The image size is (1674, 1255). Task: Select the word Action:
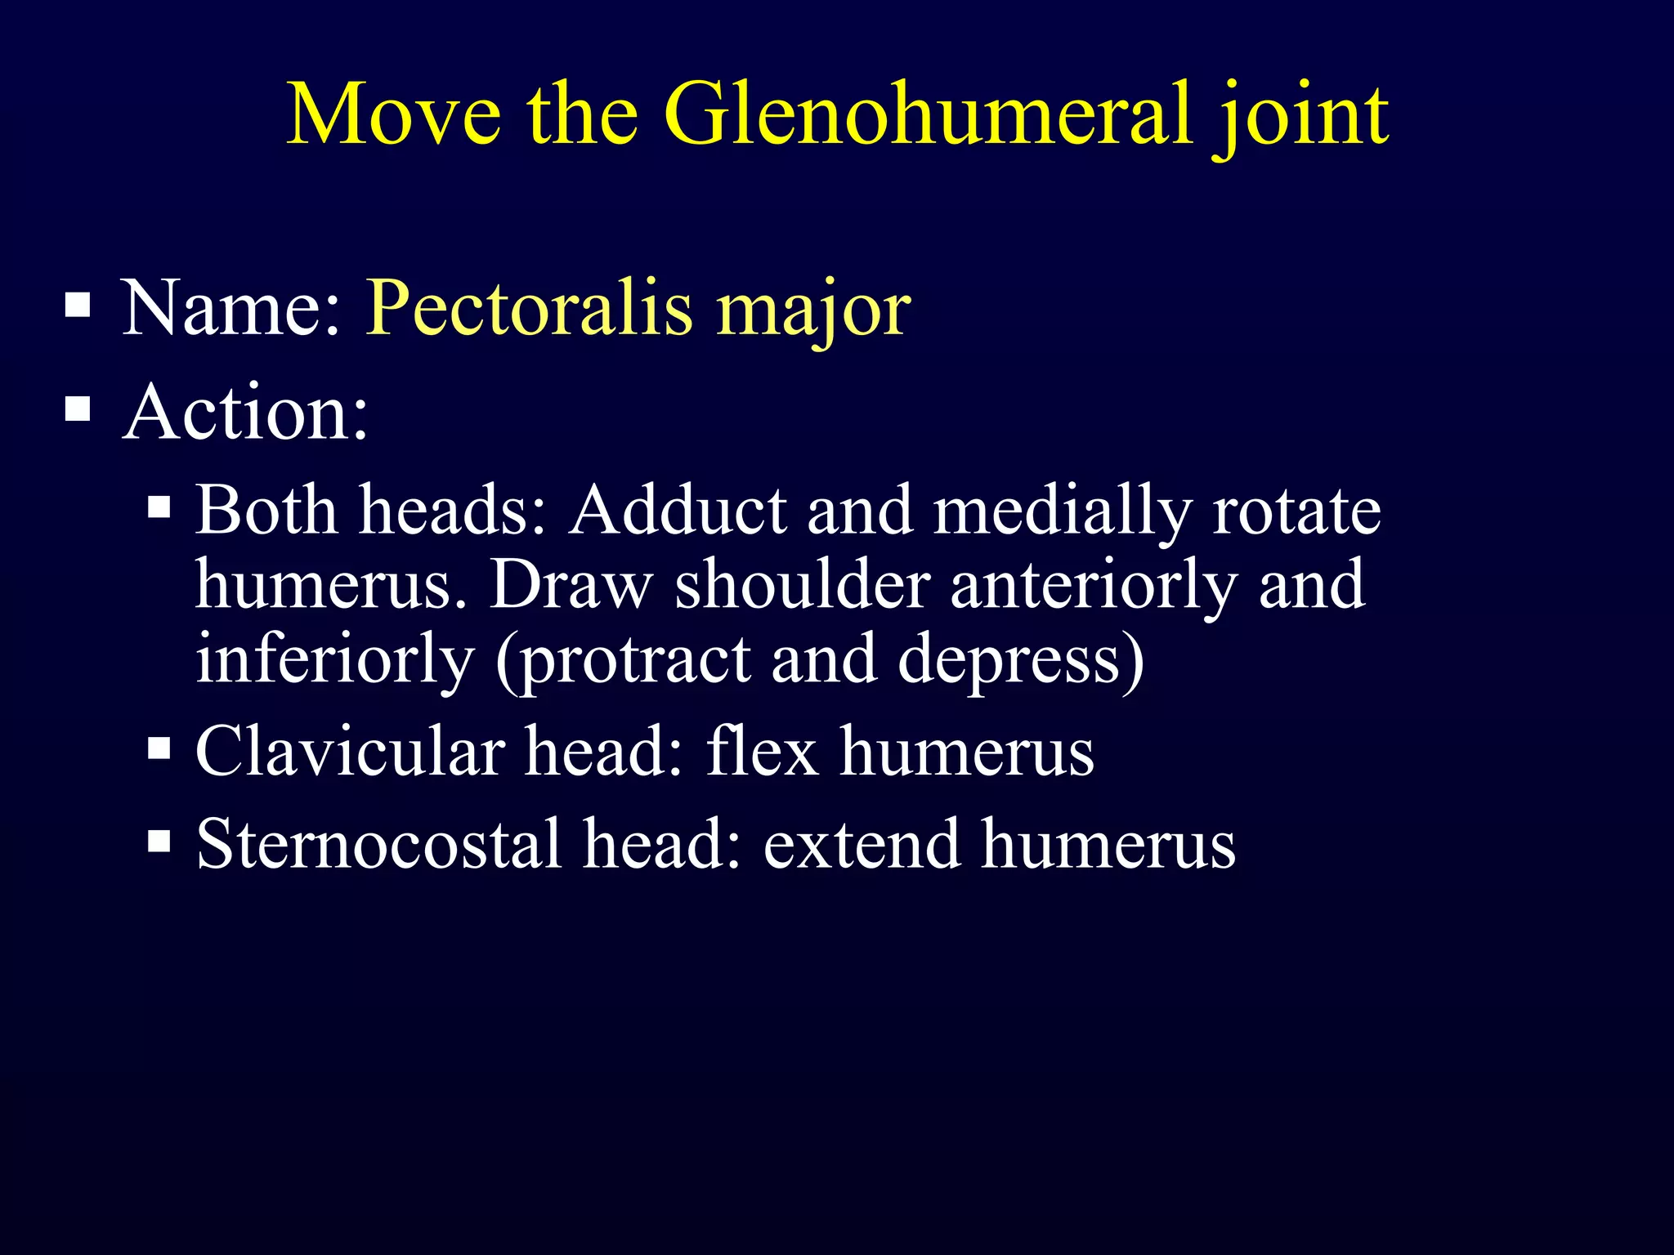click(x=245, y=413)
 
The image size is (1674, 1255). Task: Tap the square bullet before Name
click(x=78, y=306)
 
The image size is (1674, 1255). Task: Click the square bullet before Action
click(x=78, y=408)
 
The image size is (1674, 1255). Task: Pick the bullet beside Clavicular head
click(x=159, y=748)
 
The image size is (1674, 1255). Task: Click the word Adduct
click(x=678, y=511)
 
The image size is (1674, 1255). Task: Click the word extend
click(x=862, y=843)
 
